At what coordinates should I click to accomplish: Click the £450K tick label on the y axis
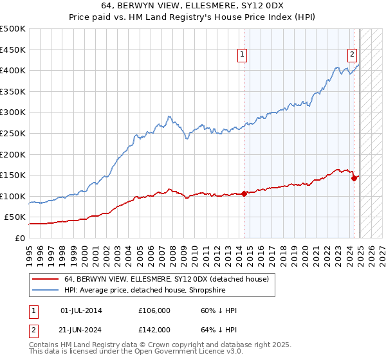(x=13, y=50)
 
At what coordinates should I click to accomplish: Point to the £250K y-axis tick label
(x=13, y=133)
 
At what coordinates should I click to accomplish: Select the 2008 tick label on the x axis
(x=174, y=251)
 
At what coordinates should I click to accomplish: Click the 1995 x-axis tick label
(x=30, y=251)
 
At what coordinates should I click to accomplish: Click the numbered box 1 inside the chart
(x=243, y=55)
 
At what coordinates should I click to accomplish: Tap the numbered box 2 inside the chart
(x=353, y=55)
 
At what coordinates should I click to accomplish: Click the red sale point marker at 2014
(x=244, y=194)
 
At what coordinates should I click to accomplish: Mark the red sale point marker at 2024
(x=354, y=179)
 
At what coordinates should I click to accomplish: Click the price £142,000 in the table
(x=154, y=329)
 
